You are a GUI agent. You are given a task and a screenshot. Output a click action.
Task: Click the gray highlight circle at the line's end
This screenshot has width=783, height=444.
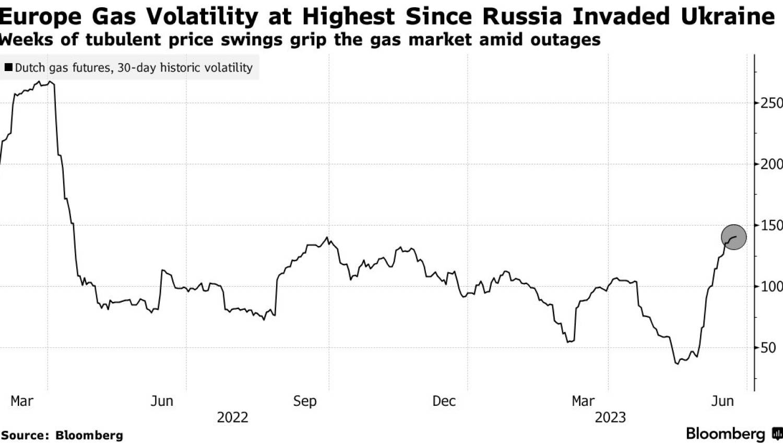tap(733, 237)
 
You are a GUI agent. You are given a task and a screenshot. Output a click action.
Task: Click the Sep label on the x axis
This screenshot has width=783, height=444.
tap(305, 401)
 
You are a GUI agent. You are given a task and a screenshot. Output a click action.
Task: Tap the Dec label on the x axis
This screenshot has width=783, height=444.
tap(444, 401)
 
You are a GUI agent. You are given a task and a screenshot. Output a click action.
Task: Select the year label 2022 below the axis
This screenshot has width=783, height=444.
tap(232, 418)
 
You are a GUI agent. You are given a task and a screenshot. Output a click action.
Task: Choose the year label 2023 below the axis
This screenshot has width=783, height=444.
tap(610, 418)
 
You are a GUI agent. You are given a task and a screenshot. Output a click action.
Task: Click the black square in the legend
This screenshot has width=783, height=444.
tap(8, 67)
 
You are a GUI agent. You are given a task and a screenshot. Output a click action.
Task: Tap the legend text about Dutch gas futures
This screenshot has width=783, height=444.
tap(134, 67)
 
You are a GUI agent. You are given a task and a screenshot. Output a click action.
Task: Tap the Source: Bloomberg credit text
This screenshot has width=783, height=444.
tap(62, 435)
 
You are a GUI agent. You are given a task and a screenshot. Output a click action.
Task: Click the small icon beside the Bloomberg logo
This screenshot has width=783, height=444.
tap(777, 434)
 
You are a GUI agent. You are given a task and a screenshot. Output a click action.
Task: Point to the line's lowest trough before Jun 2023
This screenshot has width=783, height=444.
tap(678, 364)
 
